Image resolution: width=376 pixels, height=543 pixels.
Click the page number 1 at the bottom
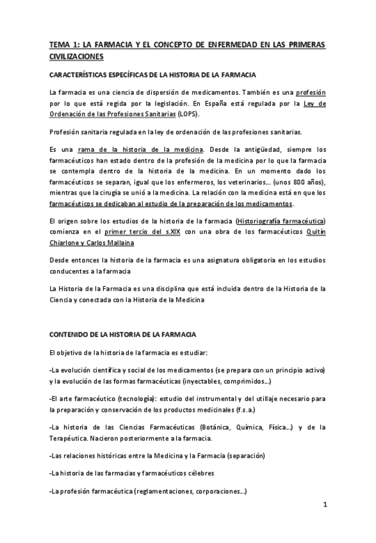[x=325, y=504]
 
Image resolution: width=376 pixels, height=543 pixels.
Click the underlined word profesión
[x=310, y=92]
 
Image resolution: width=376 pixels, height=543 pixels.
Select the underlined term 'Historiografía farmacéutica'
[x=281, y=221]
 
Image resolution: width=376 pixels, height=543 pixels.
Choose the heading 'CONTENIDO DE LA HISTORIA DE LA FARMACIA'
[x=123, y=334]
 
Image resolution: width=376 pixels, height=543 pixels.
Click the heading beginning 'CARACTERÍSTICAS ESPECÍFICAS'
[x=152, y=75]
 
